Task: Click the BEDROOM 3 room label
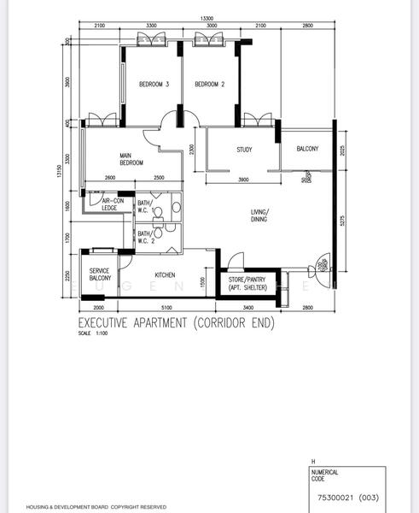pos(154,84)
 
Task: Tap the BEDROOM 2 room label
pos(209,84)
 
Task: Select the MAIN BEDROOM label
pos(131,158)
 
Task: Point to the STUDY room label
pos(244,150)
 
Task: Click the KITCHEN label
pos(165,274)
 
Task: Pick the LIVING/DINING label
pos(259,215)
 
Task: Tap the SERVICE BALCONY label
pos(100,274)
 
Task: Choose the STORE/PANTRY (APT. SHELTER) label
pos(247,283)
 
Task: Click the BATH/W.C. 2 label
pos(144,237)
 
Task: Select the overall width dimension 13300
pos(206,18)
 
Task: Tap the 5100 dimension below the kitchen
pos(166,307)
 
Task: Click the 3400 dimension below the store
pos(247,307)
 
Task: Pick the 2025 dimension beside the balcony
pos(341,151)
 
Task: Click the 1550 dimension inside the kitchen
pos(201,283)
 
